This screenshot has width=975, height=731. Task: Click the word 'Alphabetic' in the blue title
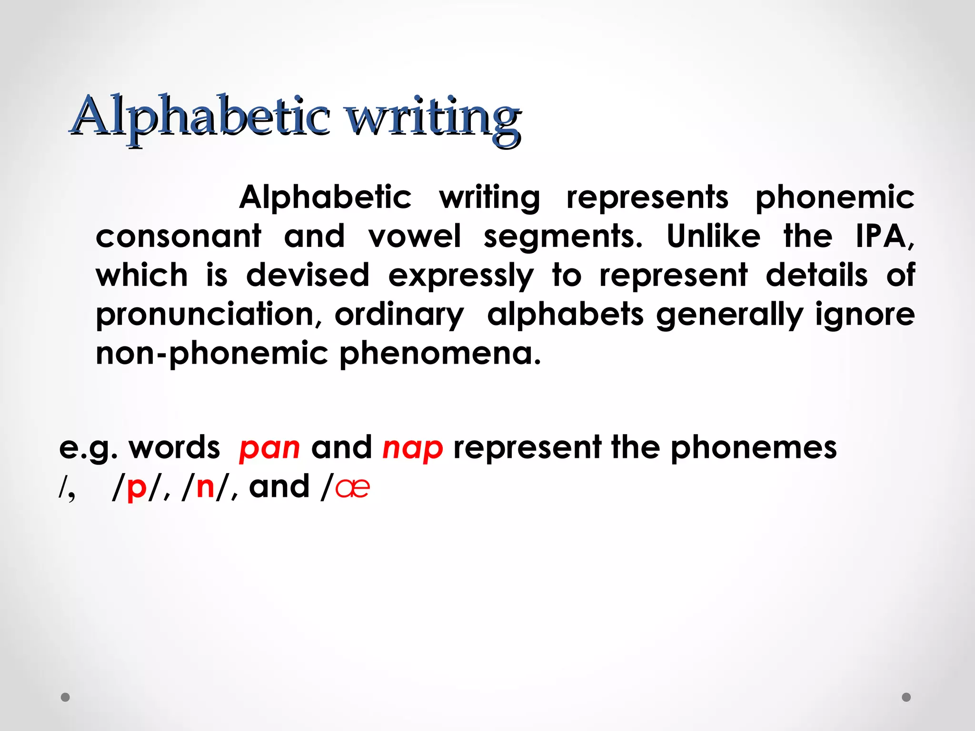200,117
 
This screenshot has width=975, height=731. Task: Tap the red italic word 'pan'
269,448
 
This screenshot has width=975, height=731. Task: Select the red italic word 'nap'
413,448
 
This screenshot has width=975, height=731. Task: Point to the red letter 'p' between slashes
137,487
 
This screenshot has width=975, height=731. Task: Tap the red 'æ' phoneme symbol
352,487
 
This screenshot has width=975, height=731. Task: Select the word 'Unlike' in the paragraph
713,236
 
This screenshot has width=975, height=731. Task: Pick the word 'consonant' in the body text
179,236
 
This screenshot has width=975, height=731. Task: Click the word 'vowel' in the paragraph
414,236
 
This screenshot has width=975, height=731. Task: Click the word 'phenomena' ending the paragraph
440,354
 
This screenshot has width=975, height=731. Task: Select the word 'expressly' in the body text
461,276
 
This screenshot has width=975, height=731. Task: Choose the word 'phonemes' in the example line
753,448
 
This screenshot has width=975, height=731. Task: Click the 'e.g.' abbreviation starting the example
88,448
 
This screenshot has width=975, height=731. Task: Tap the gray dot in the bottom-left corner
66,697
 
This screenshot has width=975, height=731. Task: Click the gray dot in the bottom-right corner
906,697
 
